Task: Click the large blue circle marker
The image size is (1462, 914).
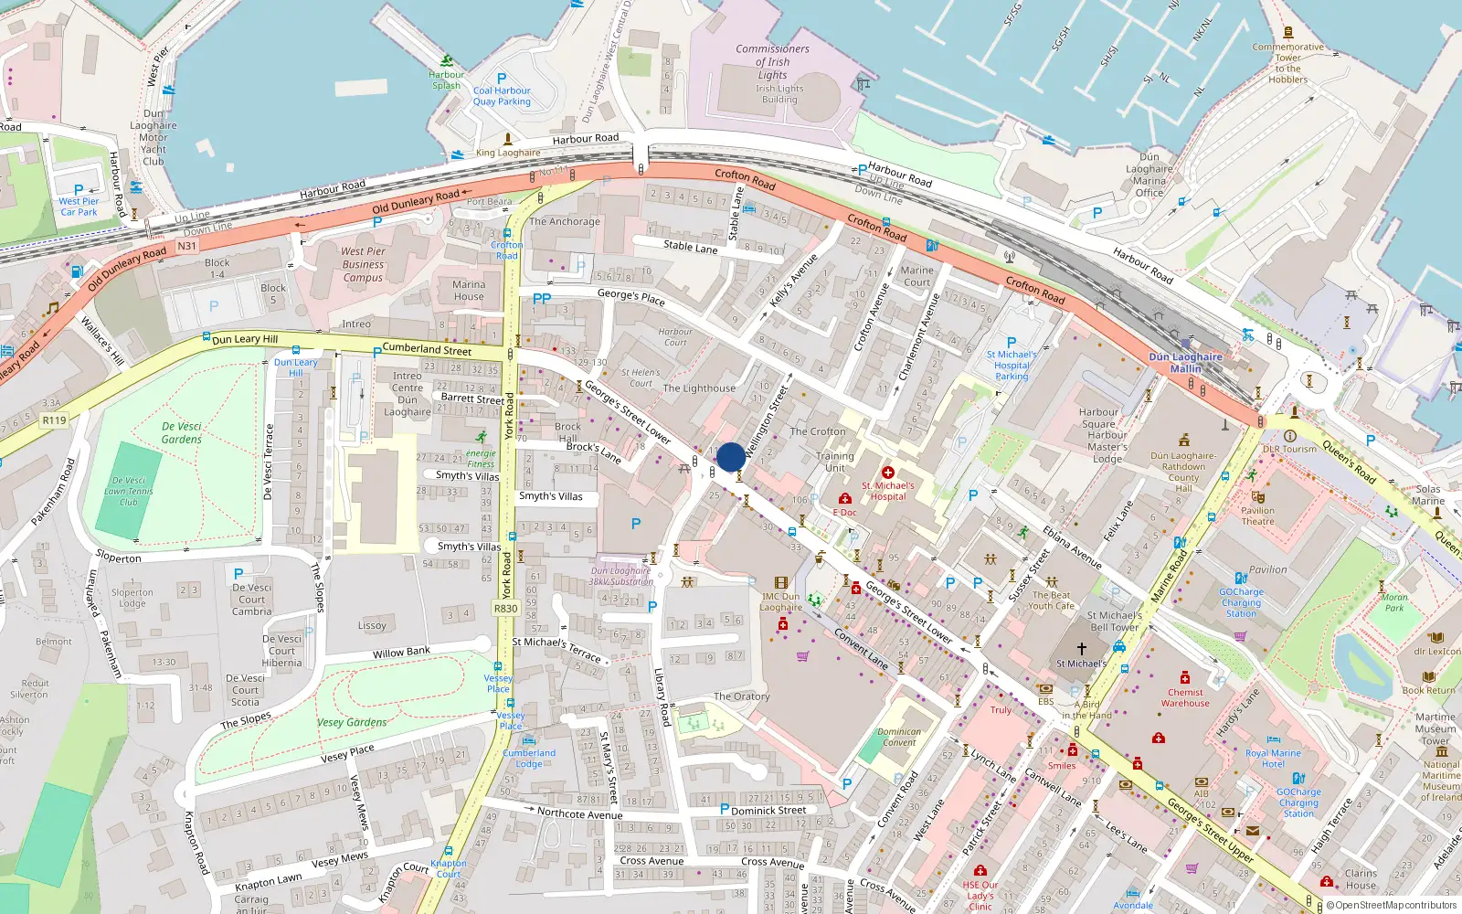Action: (x=730, y=457)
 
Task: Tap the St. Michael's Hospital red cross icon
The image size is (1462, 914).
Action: (x=887, y=473)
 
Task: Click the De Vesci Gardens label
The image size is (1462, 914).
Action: (x=182, y=432)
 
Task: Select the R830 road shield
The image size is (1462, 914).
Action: (x=505, y=608)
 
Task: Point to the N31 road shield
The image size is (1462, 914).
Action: (x=186, y=246)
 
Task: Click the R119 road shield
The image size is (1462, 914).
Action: (x=54, y=420)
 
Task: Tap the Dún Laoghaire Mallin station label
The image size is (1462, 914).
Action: (x=1185, y=363)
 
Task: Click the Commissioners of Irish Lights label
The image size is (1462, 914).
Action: (x=772, y=62)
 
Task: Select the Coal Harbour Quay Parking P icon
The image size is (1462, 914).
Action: (x=501, y=79)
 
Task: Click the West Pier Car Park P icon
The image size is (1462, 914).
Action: (x=79, y=190)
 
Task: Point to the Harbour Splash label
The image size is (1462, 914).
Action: (x=446, y=80)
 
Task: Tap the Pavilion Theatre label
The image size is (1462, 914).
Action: (x=1257, y=516)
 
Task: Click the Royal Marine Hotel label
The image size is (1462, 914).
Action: (x=1273, y=759)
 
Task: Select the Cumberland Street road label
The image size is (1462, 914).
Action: (x=427, y=349)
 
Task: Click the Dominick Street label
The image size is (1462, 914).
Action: (x=768, y=810)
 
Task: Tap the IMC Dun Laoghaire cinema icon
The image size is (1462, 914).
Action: (x=780, y=582)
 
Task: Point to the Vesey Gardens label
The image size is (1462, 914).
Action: (x=352, y=722)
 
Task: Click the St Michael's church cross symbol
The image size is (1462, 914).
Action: (x=1081, y=649)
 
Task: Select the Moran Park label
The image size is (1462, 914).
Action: (x=1394, y=602)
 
